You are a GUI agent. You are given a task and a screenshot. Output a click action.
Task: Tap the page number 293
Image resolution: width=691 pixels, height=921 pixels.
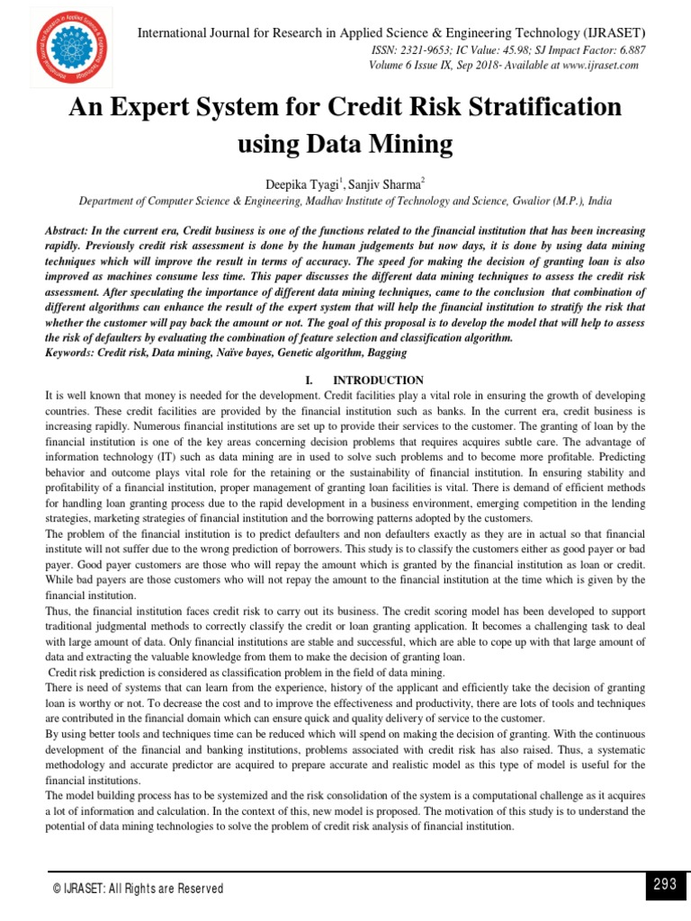(x=665, y=884)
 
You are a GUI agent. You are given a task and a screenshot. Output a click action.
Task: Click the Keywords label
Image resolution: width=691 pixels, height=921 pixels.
(x=72, y=353)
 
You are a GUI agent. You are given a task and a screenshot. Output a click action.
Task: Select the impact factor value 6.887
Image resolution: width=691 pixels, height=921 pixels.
(x=627, y=50)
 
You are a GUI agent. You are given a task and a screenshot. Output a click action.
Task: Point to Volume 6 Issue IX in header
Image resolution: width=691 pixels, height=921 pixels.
(x=416, y=66)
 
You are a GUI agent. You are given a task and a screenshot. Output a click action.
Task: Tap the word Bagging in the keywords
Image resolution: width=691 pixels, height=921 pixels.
(x=361, y=353)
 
